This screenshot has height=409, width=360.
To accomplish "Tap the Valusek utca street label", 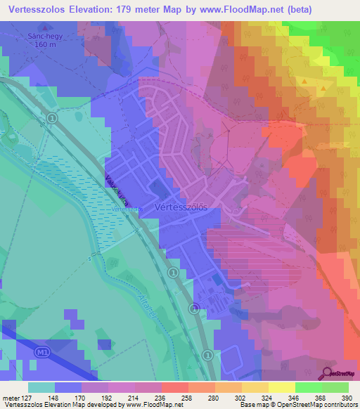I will (112, 188).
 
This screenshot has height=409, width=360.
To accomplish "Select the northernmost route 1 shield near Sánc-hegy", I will (52, 118).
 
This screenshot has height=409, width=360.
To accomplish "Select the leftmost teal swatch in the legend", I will (41, 387).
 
